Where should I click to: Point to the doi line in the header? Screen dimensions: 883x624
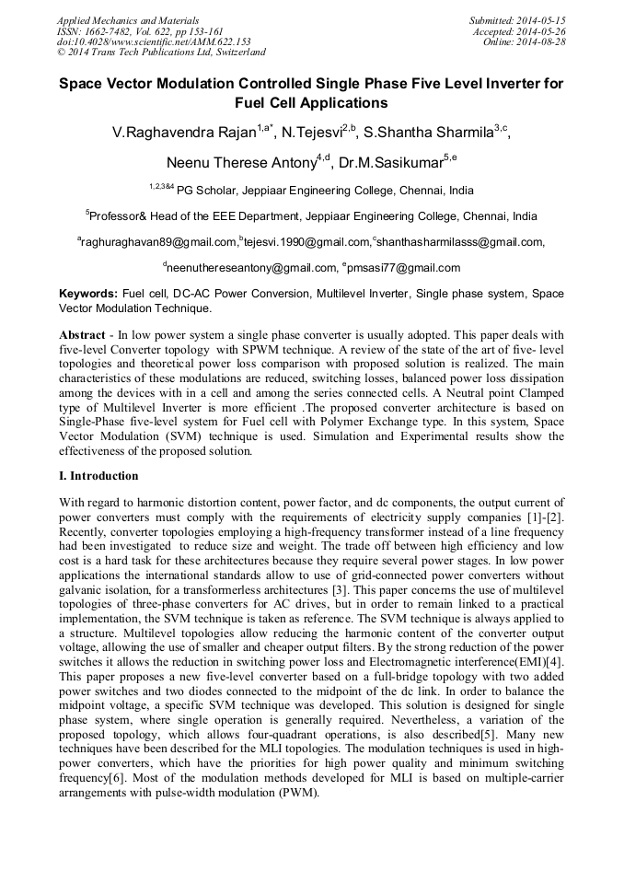click(154, 41)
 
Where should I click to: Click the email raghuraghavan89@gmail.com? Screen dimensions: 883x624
click(159, 242)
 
